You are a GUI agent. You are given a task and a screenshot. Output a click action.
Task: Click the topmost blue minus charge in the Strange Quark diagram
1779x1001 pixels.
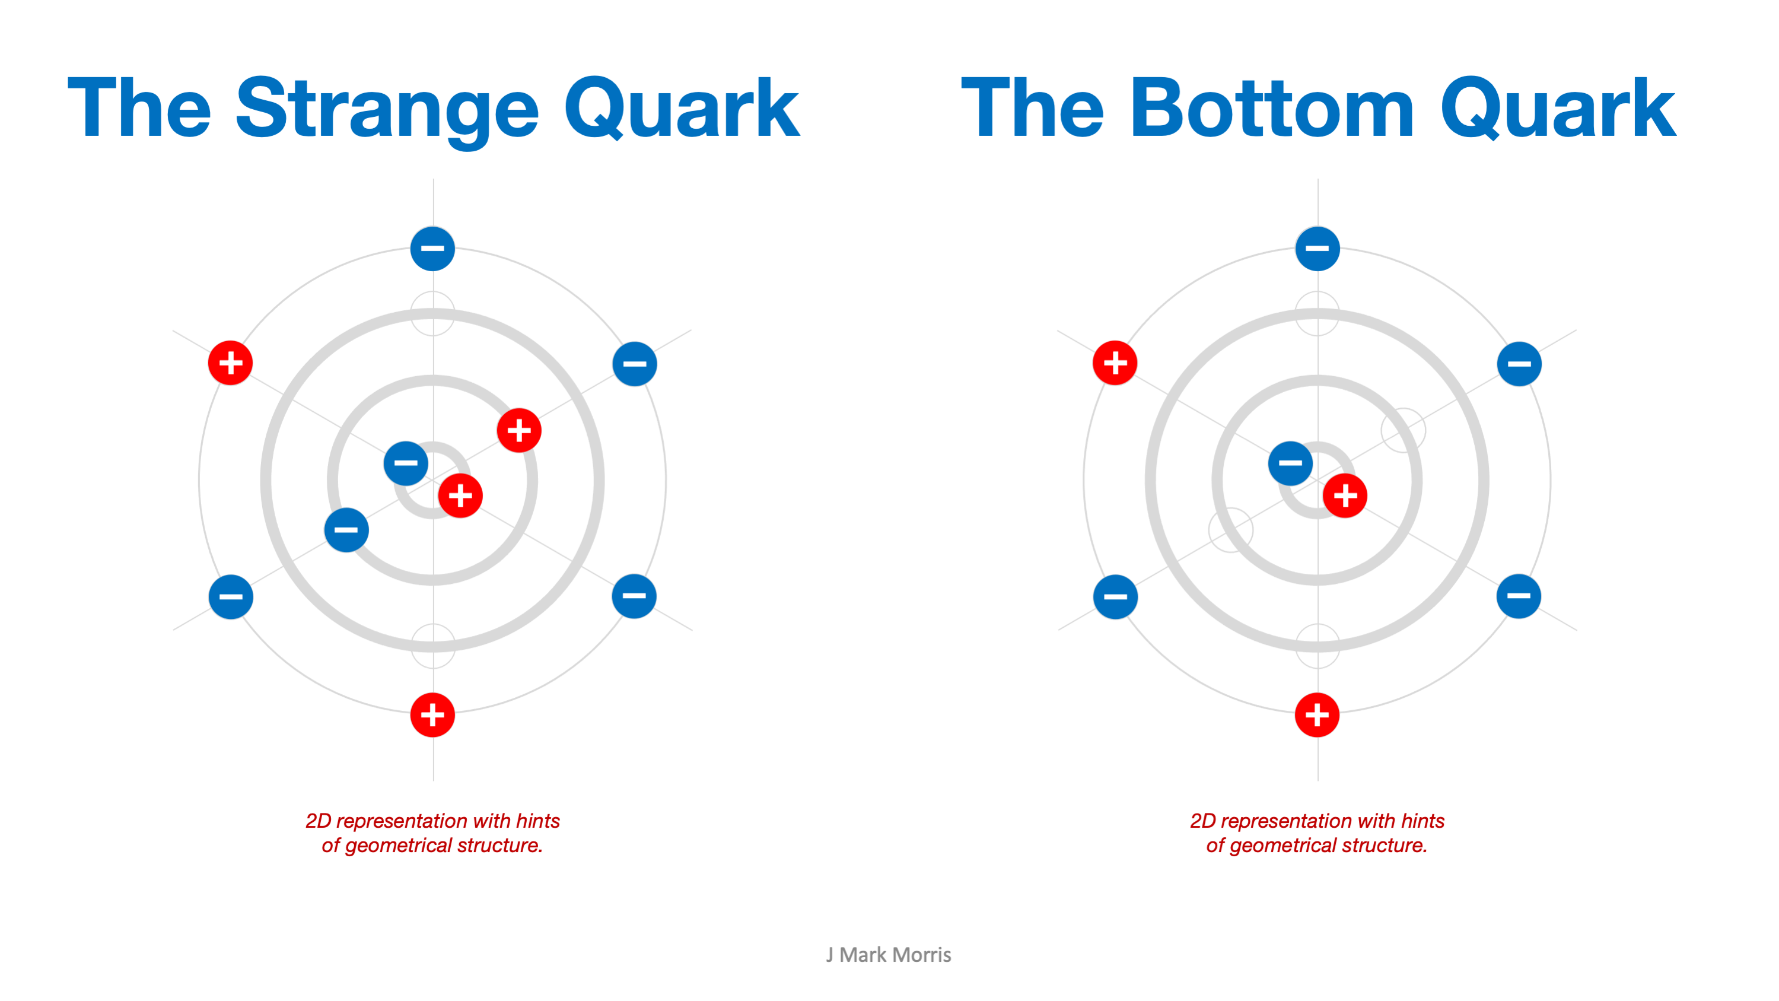tap(432, 248)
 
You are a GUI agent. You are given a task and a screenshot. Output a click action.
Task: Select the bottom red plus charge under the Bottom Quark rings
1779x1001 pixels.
tap(1317, 714)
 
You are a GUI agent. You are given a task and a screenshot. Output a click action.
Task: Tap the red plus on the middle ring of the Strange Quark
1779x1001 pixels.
tap(518, 430)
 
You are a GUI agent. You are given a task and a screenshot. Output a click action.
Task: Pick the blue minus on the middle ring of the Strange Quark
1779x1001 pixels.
tap(346, 530)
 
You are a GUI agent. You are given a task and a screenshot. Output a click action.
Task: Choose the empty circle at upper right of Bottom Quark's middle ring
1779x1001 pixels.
tap(1404, 430)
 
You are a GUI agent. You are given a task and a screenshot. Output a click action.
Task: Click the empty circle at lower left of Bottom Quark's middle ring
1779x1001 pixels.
tap(1231, 530)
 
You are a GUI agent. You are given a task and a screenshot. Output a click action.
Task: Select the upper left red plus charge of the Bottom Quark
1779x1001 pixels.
tap(1115, 363)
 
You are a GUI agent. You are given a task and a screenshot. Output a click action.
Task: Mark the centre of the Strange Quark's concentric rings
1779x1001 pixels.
tap(433, 480)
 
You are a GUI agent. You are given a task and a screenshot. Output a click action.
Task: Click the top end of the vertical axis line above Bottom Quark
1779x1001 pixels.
tap(1317, 179)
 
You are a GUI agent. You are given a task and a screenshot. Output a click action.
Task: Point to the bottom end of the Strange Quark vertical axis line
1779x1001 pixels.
tap(433, 781)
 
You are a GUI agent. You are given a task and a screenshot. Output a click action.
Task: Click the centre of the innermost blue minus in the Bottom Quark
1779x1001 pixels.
tap(1290, 463)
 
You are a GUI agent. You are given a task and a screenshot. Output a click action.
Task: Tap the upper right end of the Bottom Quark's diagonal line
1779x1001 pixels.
tap(1576, 331)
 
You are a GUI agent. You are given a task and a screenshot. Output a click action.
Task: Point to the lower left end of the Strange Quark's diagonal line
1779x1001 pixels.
tap(173, 630)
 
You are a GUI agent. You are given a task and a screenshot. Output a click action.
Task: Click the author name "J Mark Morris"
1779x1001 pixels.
tap(888, 955)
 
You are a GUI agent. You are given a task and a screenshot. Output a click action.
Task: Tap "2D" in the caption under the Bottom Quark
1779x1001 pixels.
tap(1202, 821)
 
